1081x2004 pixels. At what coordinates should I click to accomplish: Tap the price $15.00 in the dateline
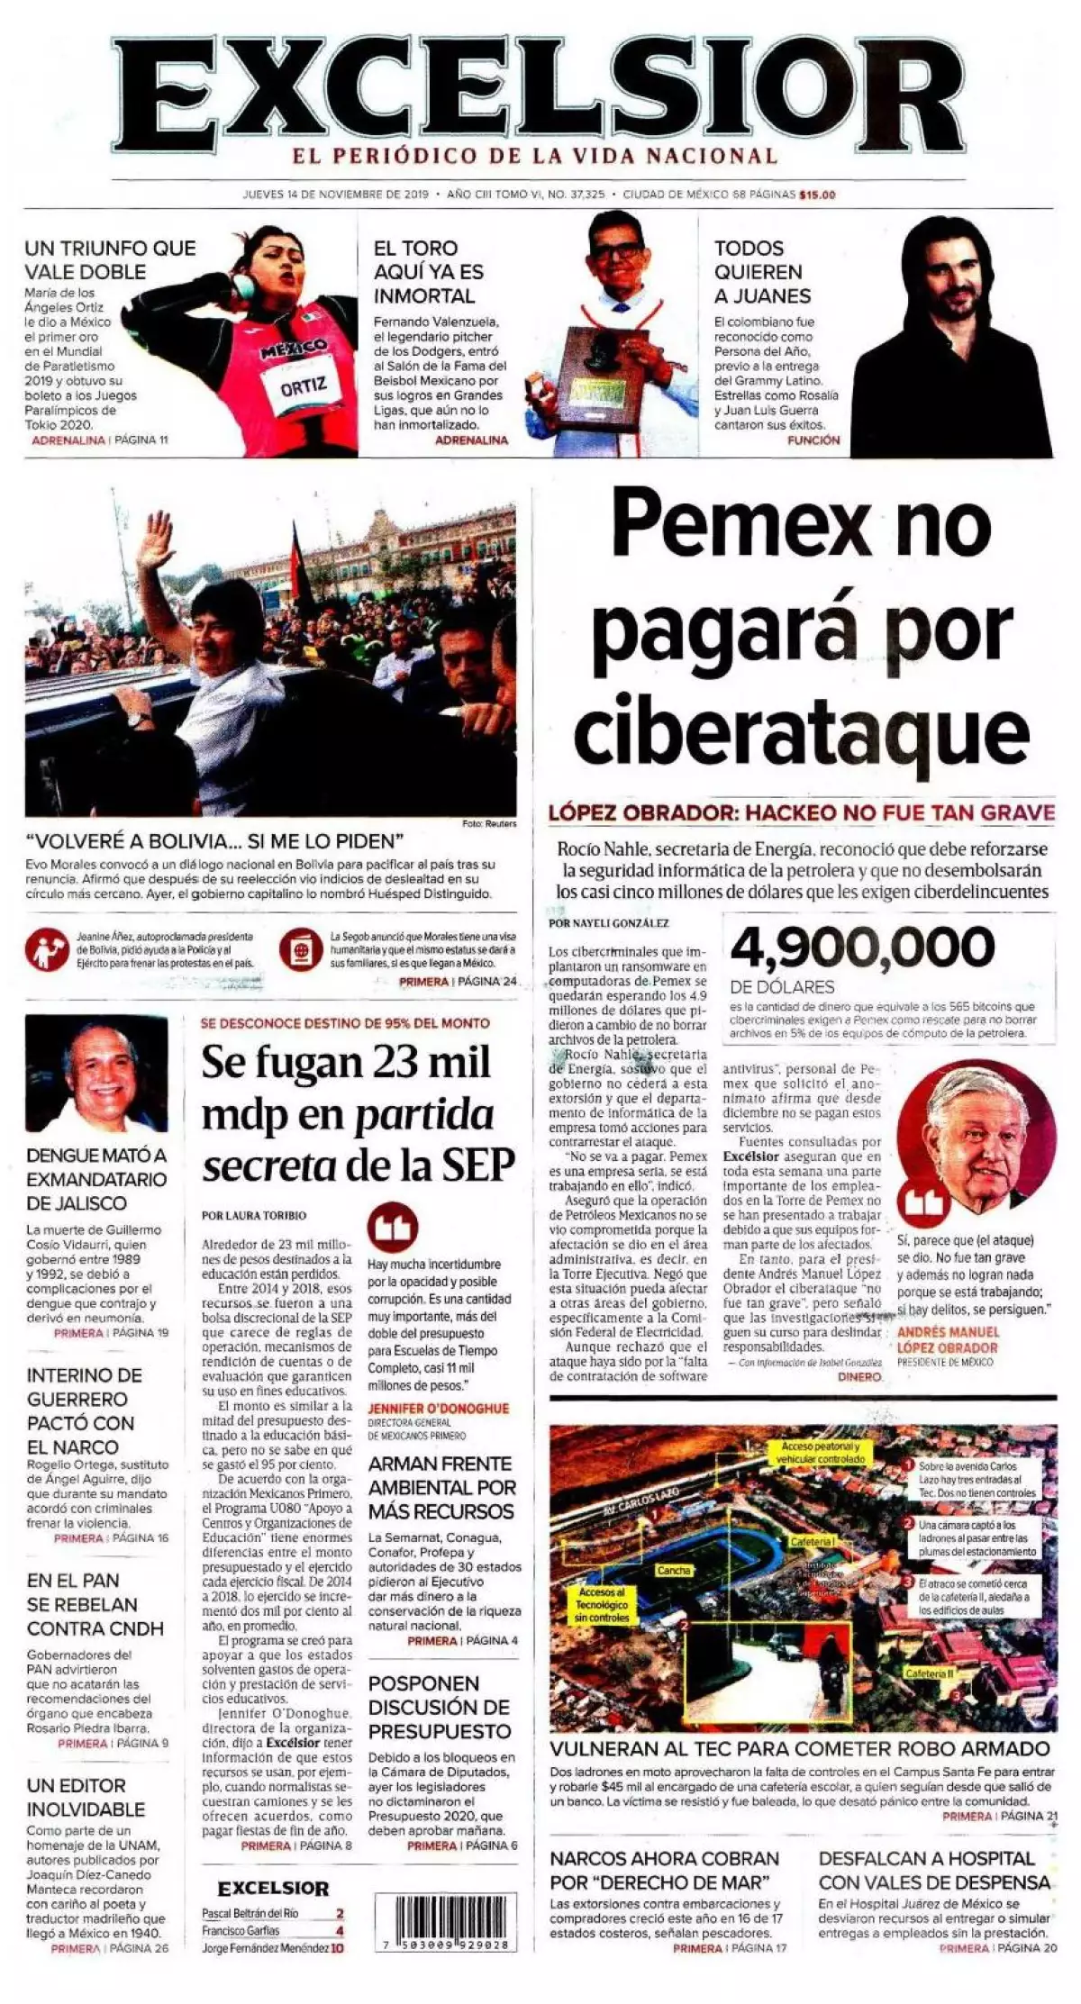pyautogui.click(x=816, y=195)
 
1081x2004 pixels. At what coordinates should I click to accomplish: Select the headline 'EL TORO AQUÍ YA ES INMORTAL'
pyautogui.click(x=429, y=272)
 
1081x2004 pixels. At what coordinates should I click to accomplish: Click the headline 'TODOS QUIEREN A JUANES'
pyautogui.click(x=762, y=272)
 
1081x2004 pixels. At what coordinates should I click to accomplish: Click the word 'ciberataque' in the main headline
pyautogui.click(x=801, y=731)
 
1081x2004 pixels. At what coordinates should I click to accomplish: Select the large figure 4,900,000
pyautogui.click(x=862, y=946)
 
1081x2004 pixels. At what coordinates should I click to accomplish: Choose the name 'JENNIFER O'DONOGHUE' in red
pyautogui.click(x=439, y=1409)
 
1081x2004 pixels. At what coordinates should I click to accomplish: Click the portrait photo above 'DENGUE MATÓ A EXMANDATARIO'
pyautogui.click(x=96, y=1074)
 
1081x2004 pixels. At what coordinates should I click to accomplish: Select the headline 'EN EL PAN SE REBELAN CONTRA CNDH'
pyautogui.click(x=95, y=1604)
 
